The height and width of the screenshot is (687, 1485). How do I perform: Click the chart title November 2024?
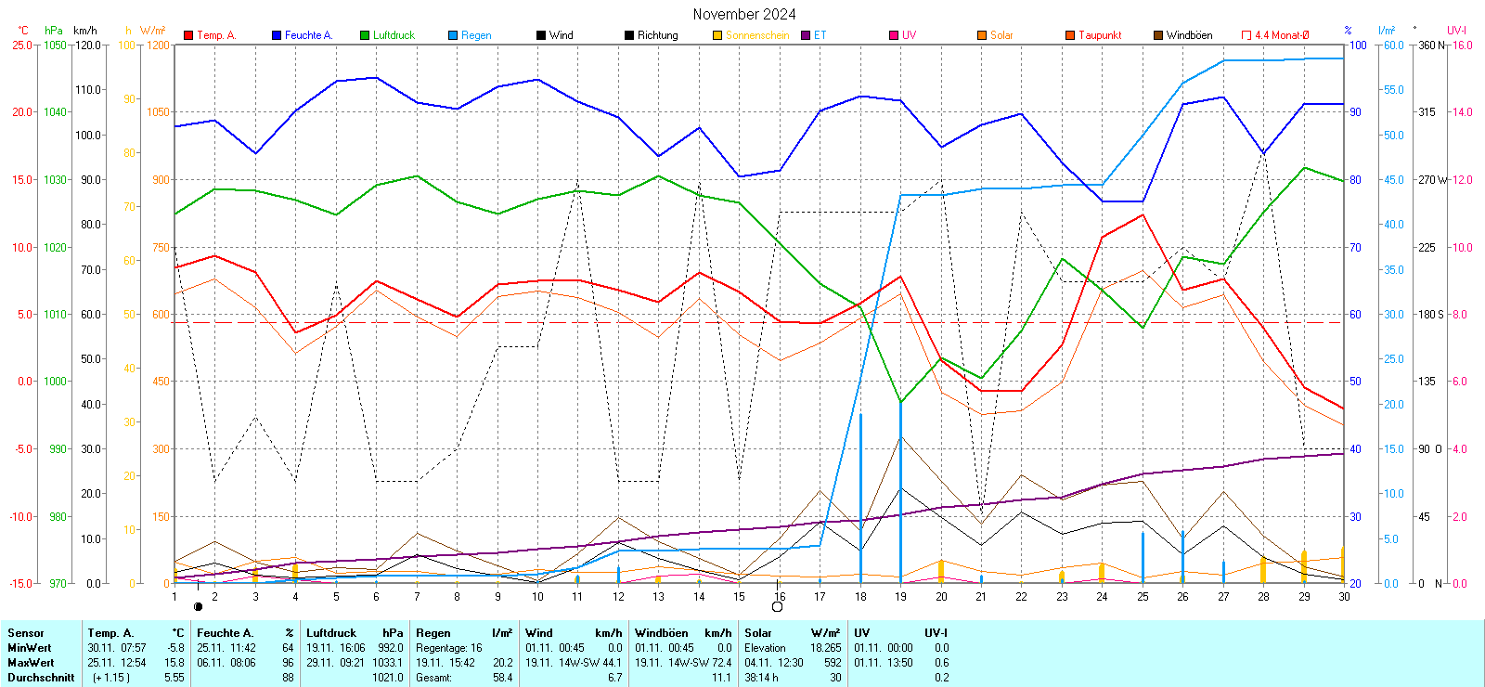click(743, 14)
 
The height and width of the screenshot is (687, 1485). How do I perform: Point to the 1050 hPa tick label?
click(56, 45)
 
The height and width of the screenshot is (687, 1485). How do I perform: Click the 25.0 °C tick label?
click(22, 45)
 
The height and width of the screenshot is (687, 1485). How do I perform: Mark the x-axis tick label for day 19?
click(900, 597)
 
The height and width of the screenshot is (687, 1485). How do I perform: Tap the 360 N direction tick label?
click(1430, 45)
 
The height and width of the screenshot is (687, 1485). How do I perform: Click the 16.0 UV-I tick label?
click(1462, 45)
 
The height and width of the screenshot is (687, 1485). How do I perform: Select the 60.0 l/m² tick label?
click(1393, 45)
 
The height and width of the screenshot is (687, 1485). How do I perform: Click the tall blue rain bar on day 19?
click(900, 492)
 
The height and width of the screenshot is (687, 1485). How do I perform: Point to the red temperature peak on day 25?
click(1143, 215)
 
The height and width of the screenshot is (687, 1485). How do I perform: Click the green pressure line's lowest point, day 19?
click(900, 402)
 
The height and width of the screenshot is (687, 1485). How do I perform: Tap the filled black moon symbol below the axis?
click(198, 607)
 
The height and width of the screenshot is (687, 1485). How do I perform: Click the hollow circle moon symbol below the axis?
click(778, 607)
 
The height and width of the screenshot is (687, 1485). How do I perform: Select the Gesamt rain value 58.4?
click(502, 678)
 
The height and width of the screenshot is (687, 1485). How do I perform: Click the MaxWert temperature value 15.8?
click(174, 663)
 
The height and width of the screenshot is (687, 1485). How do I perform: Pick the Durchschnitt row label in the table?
click(41, 678)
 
